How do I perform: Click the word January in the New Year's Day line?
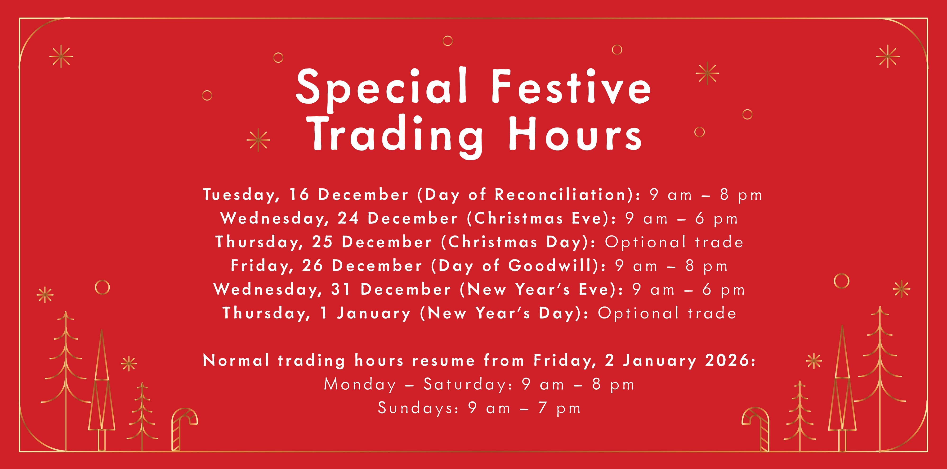[x=374, y=314]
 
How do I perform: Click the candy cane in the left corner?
[x=184, y=428]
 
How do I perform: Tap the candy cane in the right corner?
[x=756, y=428]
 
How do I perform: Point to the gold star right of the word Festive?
[x=707, y=73]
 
